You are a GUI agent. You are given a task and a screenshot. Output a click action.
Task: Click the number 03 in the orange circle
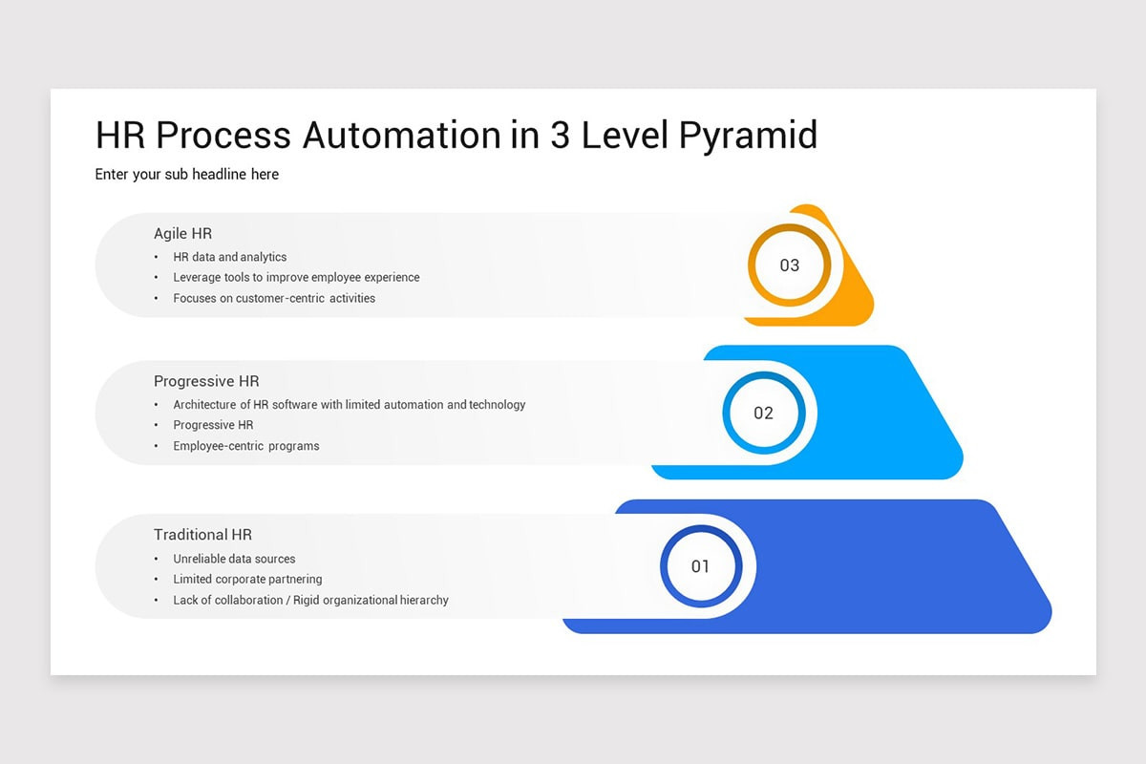click(x=789, y=265)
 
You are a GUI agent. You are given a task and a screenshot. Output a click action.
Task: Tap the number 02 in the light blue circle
click(x=763, y=414)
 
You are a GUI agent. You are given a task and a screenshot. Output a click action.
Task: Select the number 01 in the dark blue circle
click(x=700, y=566)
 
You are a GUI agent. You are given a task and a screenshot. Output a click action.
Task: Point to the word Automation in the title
click(x=402, y=136)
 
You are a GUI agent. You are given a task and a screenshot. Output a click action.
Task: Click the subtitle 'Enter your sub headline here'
click(x=187, y=174)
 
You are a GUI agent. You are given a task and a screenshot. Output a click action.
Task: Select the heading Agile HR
click(x=182, y=233)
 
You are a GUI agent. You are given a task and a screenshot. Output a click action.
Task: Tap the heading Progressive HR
click(x=206, y=381)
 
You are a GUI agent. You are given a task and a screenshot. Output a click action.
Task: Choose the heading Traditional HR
click(x=202, y=535)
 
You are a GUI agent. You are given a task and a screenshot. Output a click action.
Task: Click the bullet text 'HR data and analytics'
click(x=229, y=257)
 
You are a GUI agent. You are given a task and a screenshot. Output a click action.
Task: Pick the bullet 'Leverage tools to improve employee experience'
click(x=296, y=278)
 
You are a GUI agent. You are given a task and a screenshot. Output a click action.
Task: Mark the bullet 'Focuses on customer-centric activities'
click(x=274, y=298)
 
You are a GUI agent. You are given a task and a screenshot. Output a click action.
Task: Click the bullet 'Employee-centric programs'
click(x=246, y=446)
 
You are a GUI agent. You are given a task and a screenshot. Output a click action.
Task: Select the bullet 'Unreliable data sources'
click(x=234, y=559)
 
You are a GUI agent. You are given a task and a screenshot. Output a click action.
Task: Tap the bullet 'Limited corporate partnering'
click(x=247, y=580)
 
